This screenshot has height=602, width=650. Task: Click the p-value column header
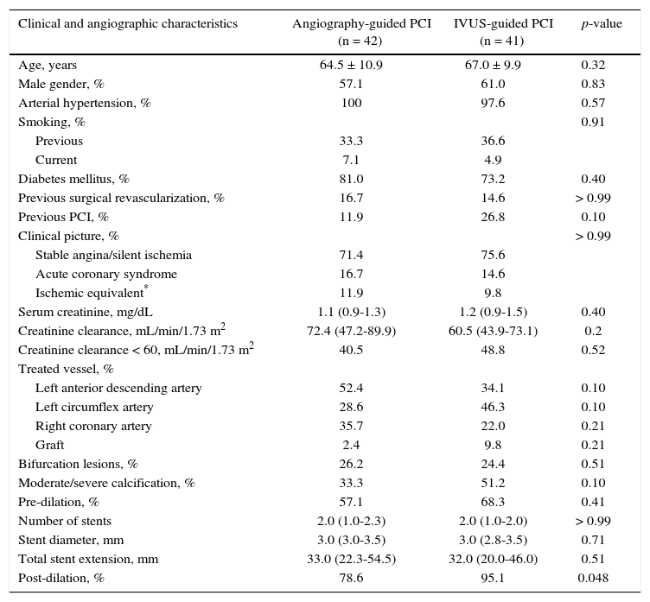click(601, 24)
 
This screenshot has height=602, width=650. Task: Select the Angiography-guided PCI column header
click(361, 32)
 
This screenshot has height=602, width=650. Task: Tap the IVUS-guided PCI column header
click(503, 32)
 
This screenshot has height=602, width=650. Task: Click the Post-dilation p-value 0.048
click(593, 579)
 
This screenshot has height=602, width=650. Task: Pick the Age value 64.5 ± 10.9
click(351, 66)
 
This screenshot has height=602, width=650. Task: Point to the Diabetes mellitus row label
click(73, 180)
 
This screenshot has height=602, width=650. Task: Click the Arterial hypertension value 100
click(351, 104)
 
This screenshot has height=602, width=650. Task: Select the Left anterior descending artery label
click(118, 389)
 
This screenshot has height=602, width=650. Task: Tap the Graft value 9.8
click(493, 446)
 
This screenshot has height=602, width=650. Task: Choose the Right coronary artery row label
click(93, 427)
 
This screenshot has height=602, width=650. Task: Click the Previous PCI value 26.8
click(493, 218)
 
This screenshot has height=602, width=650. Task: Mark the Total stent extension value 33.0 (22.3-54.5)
click(351, 560)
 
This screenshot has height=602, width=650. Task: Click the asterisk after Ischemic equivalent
click(146, 288)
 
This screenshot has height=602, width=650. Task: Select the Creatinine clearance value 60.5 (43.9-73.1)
click(493, 332)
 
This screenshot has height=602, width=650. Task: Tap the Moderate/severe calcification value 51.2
click(493, 484)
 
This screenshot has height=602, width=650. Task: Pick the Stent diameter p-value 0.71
click(593, 541)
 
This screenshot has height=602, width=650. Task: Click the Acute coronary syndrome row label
click(106, 275)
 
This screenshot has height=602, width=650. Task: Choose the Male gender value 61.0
click(493, 85)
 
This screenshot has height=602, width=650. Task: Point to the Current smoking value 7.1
click(351, 161)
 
